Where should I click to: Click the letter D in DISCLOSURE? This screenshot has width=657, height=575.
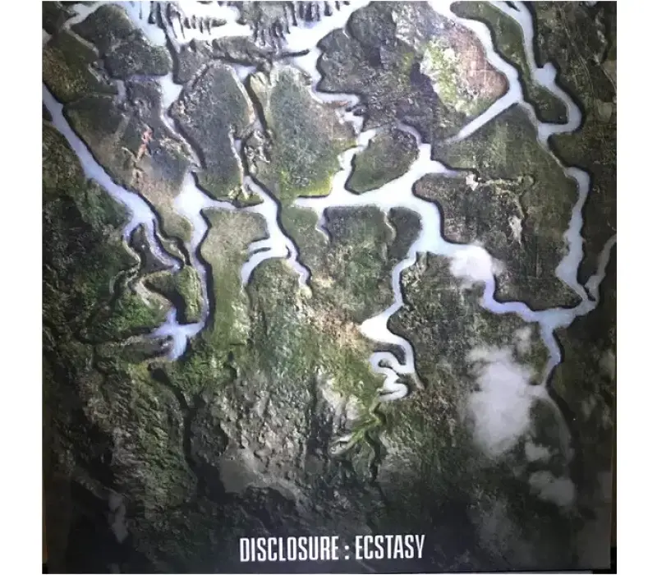(245, 546)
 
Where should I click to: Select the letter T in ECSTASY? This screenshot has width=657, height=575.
(384, 546)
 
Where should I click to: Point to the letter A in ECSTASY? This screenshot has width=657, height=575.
(396, 546)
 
